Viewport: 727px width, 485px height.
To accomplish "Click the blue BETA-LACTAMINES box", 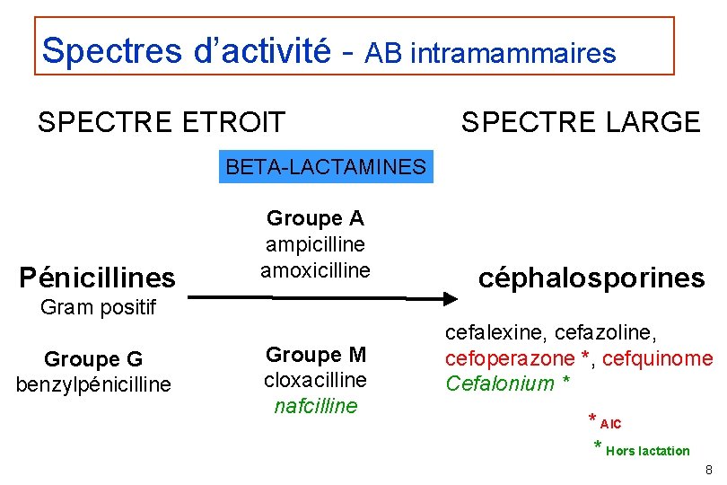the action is pyautogui.click(x=326, y=167).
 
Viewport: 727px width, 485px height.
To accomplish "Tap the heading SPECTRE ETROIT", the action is pyautogui.click(x=162, y=121).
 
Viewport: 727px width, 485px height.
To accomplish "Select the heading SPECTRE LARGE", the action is pyautogui.click(x=581, y=121).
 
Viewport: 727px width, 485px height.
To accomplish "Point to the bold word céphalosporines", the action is pyautogui.click(x=591, y=278).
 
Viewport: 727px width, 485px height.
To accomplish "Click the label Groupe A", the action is pyautogui.click(x=315, y=218).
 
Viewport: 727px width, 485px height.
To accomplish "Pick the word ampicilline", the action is pyautogui.click(x=315, y=244).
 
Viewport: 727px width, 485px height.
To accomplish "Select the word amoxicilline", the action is pyautogui.click(x=315, y=269).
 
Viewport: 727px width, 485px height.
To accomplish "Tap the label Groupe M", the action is pyautogui.click(x=315, y=355).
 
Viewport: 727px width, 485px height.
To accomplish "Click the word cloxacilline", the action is pyautogui.click(x=315, y=380).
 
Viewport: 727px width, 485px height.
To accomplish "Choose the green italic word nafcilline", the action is pyautogui.click(x=315, y=406).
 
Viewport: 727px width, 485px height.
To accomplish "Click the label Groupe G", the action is pyautogui.click(x=93, y=360).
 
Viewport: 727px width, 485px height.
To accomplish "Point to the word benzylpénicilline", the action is pyautogui.click(x=93, y=385).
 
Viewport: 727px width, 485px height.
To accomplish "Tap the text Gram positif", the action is pyautogui.click(x=99, y=308).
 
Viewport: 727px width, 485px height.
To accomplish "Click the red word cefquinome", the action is pyautogui.click(x=658, y=358).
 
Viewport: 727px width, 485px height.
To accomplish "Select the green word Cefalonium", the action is pyautogui.click(x=500, y=384).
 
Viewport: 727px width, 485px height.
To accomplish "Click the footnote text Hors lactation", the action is pyautogui.click(x=647, y=451).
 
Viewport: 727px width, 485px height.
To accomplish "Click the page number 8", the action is pyautogui.click(x=709, y=470).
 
